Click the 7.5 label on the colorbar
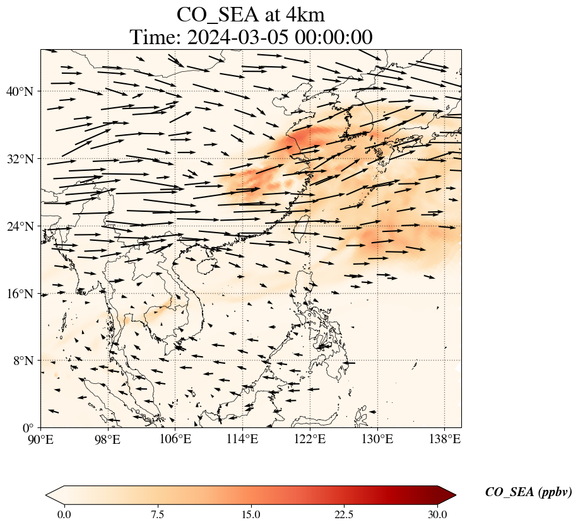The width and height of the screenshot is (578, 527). tap(157, 514)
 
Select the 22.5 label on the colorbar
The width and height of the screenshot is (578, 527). tap(344, 514)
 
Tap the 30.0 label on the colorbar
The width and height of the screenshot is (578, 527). tap(437, 514)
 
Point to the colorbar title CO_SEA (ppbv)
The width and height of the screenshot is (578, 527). tap(528, 492)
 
